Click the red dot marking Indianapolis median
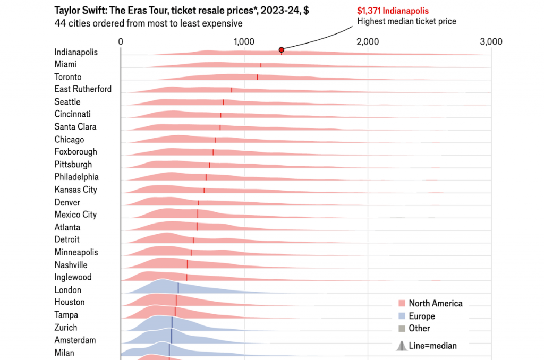coord(282,50)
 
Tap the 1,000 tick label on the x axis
coord(244,42)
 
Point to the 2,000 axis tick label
coord(368,42)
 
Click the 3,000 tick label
coord(491,42)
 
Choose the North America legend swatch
coord(402,304)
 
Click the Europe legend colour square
coord(402,316)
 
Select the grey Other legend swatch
coord(402,329)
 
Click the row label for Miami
coord(65,64)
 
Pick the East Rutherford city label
coord(83,89)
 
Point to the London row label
coord(67,290)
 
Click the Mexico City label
coord(75,215)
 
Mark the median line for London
coord(178,288)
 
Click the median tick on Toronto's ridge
coord(258,77)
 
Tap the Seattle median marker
coord(224,102)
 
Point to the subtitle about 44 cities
coord(148,23)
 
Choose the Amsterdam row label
coord(75,340)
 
